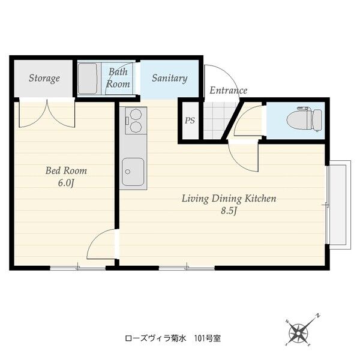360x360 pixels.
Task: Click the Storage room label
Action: click(44, 78)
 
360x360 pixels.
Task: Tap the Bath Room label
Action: click(118, 78)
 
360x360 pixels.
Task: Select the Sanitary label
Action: click(169, 78)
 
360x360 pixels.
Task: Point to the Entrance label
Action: click(228, 90)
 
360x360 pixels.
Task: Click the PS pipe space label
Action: click(190, 121)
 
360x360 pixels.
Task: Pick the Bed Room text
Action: click(66, 170)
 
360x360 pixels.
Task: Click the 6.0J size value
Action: click(66, 183)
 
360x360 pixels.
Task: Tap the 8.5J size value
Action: click(229, 211)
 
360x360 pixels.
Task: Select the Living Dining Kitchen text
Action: click(229, 199)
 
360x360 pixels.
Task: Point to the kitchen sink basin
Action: click(133, 172)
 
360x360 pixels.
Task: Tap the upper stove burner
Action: click(136, 115)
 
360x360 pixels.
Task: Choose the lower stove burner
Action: click(136, 127)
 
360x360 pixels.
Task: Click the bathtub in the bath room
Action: click(88, 79)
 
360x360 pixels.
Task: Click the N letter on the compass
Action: click(319, 316)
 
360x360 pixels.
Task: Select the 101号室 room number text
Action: click(208, 338)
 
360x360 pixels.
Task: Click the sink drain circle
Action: click(128, 172)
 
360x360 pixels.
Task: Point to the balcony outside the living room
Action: click(338, 205)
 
